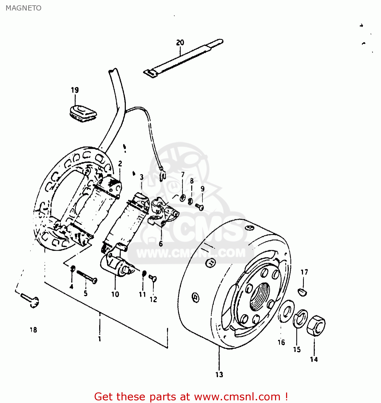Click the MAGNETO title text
pyautogui.click(x=23, y=8)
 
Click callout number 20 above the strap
pyautogui.click(x=180, y=42)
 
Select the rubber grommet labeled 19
pyautogui.click(x=83, y=113)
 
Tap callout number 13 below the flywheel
pyautogui.click(x=219, y=375)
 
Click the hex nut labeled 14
pyautogui.click(x=316, y=326)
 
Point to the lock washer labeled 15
pyautogui.click(x=300, y=319)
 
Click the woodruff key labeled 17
pyautogui.click(x=302, y=292)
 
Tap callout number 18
pyautogui.click(x=33, y=330)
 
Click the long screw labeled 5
pyautogui.click(x=87, y=277)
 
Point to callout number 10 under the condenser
pyautogui.click(x=115, y=294)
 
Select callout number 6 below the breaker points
pyautogui.click(x=161, y=244)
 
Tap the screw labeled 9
pyautogui.click(x=200, y=207)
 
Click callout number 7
pyautogui.click(x=183, y=175)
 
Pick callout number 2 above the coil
pyautogui.click(x=120, y=163)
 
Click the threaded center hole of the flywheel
pyautogui.click(x=259, y=297)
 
